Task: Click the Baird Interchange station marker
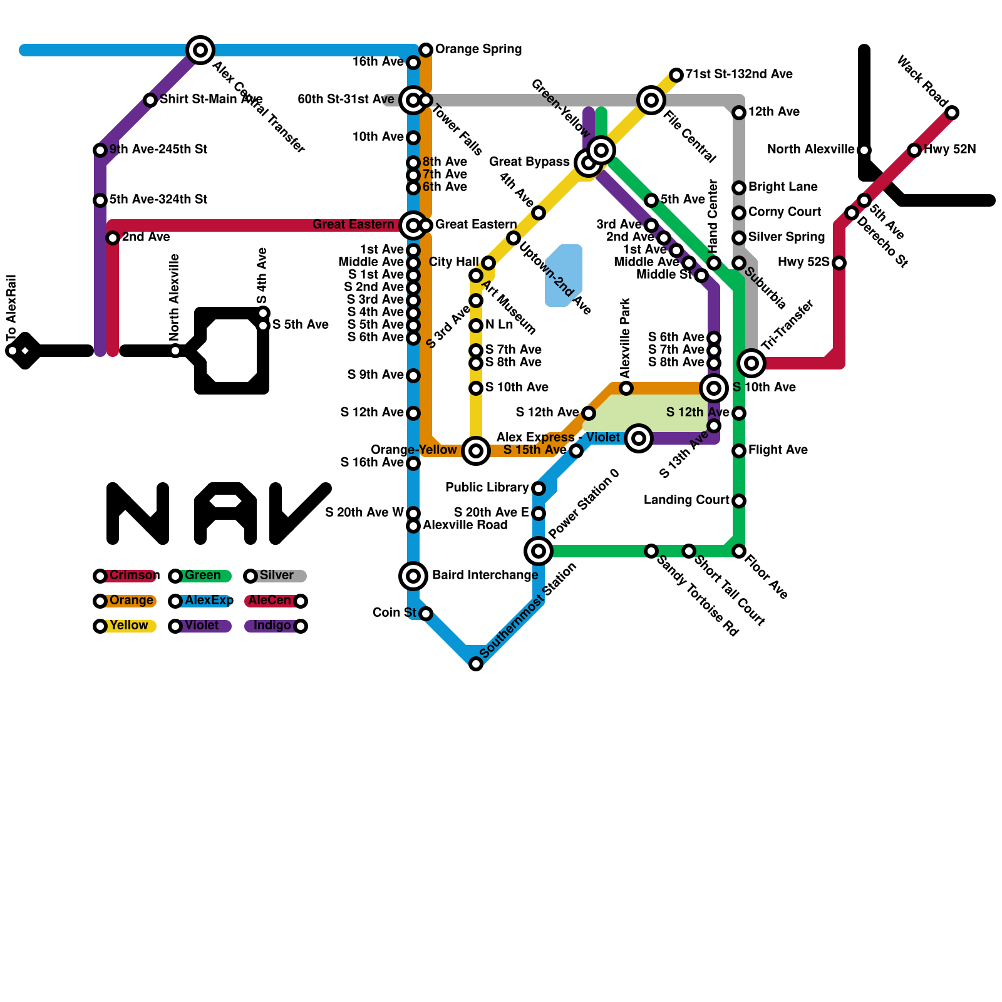click(x=413, y=576)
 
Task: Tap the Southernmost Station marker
click(x=476, y=664)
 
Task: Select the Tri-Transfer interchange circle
click(x=751, y=363)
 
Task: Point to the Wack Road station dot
click(x=952, y=113)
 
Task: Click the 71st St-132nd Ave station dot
click(x=676, y=75)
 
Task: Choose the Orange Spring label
click(x=478, y=49)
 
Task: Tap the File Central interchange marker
click(x=651, y=100)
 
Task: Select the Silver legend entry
click(x=276, y=576)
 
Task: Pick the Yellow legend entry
click(x=125, y=626)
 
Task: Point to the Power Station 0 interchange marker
click(x=539, y=551)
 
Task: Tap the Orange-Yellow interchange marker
click(x=476, y=450)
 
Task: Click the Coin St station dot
click(x=426, y=614)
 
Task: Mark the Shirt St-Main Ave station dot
click(x=150, y=100)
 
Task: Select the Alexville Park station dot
click(x=626, y=388)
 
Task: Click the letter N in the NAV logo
click(x=138, y=514)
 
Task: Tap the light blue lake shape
click(x=564, y=276)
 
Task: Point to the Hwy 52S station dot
click(x=839, y=263)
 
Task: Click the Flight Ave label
click(x=778, y=450)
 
